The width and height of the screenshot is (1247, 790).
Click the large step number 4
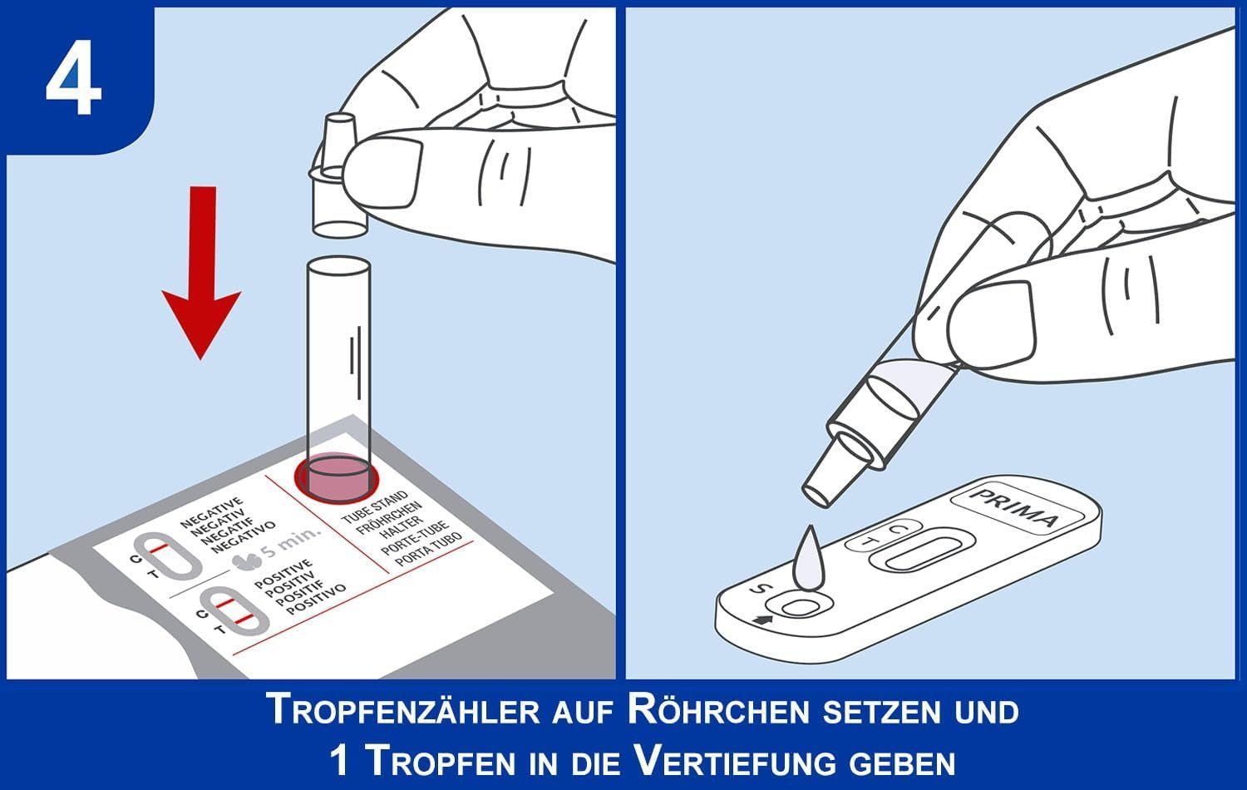pyautogui.click(x=73, y=77)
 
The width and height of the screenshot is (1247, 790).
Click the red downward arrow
pyautogui.click(x=201, y=273)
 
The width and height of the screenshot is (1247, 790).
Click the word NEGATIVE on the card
pyautogui.click(x=211, y=511)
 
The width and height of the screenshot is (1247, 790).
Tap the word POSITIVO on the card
pyautogui.click(x=316, y=600)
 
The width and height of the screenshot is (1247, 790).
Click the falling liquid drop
pyautogui.click(x=807, y=558)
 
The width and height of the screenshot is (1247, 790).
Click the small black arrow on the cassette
pyautogui.click(x=762, y=620)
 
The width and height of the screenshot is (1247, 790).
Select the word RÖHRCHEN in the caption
pyautogui.click(x=719, y=710)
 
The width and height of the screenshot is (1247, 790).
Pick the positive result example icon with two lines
pyautogui.click(x=234, y=611)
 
